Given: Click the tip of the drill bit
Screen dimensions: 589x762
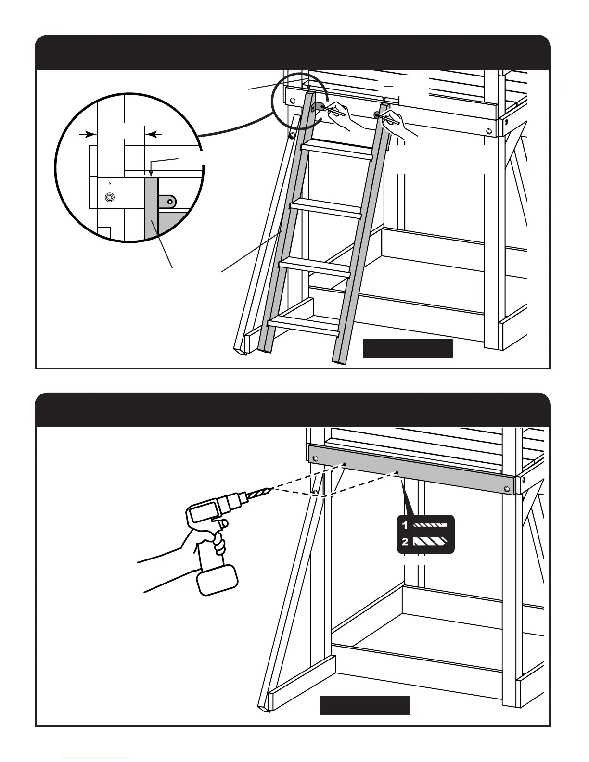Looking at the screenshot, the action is tap(272, 489).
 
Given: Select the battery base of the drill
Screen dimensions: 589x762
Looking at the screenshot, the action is tap(217, 579).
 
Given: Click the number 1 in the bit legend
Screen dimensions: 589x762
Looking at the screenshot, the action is tap(405, 525).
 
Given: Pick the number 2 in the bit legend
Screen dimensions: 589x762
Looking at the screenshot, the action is tap(405, 542).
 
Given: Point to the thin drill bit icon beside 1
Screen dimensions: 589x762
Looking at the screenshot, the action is tap(430, 525).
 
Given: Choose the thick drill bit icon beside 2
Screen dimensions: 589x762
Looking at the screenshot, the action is tap(430, 542).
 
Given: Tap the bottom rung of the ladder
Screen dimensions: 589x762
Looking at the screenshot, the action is tap(303, 325).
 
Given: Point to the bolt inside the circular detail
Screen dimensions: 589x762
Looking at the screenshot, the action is tap(109, 197).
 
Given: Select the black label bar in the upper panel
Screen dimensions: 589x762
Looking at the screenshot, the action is tap(407, 348).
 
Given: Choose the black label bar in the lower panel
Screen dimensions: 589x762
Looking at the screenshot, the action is tap(365, 705).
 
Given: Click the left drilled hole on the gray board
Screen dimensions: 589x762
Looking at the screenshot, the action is tap(345, 464).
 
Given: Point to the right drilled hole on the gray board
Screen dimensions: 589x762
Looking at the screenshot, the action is tap(396, 472).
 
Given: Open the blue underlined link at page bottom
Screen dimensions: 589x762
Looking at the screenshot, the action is tap(96, 758).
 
